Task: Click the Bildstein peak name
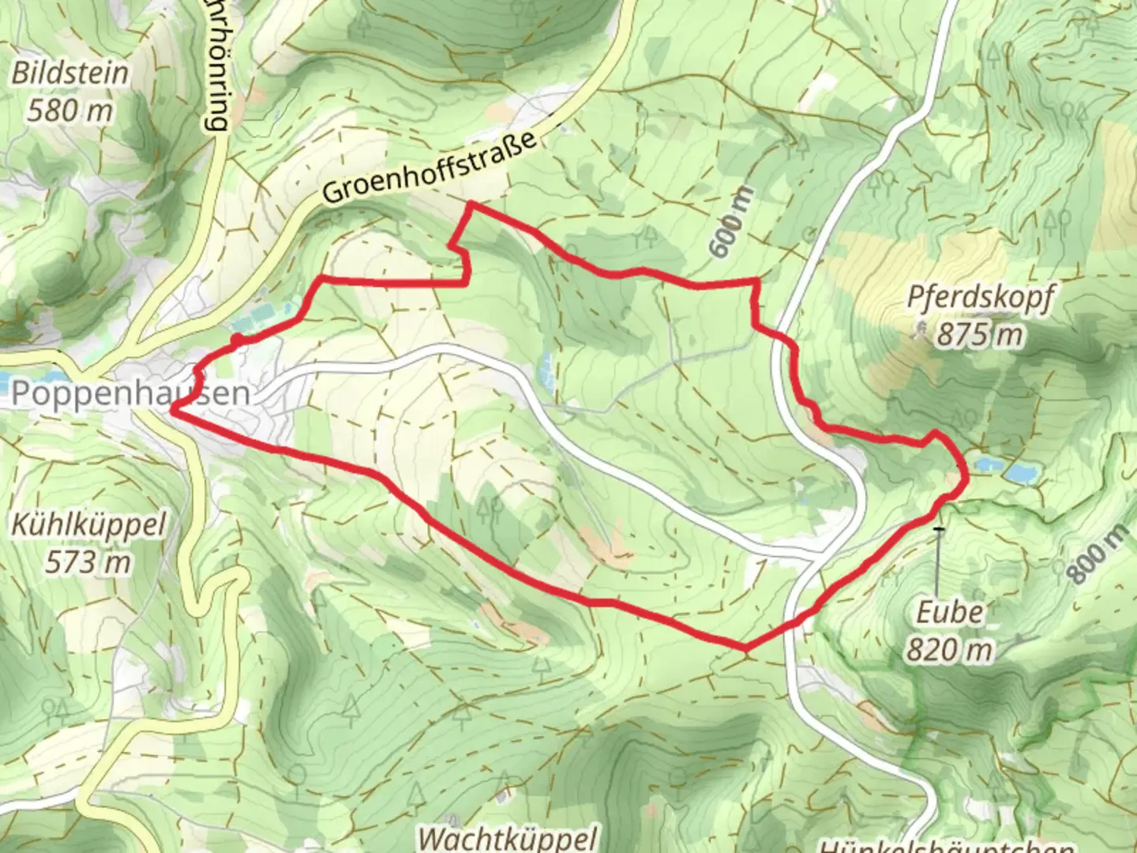pos(69,73)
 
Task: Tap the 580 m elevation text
pos(69,111)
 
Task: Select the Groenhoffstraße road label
pos(431,167)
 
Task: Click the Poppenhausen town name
pos(130,393)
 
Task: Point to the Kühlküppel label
pos(88,524)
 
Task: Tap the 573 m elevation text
pos(88,562)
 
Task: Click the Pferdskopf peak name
pos(980,298)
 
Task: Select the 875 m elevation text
pos(980,335)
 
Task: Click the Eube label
pos(950,611)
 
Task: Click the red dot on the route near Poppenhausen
pos(236,340)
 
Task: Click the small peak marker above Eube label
pos(938,528)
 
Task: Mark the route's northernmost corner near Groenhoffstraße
pos(471,205)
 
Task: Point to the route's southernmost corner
pos(745,649)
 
